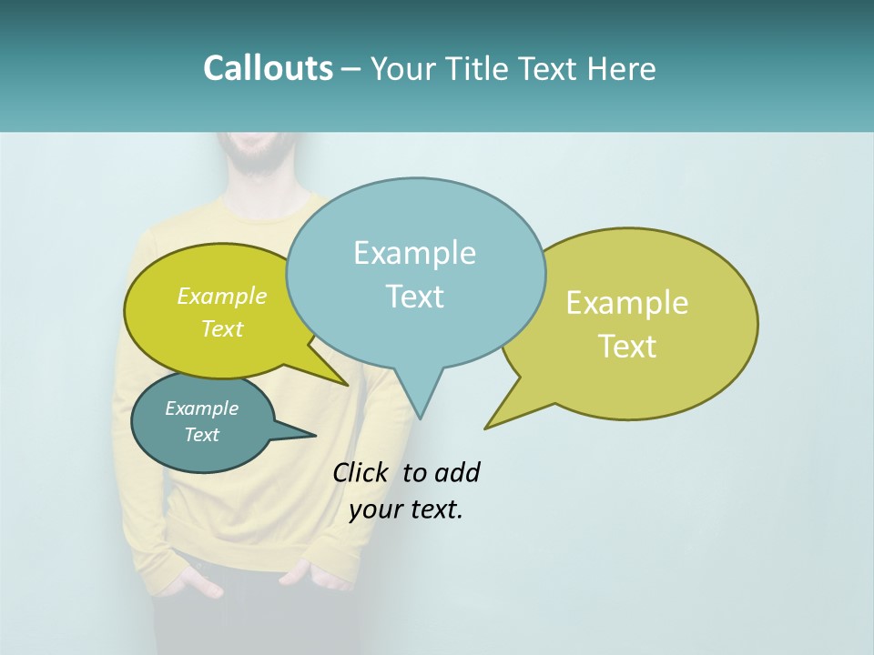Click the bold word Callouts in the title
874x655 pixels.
pyautogui.click(x=268, y=68)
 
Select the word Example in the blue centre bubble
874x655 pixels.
pyautogui.click(x=414, y=253)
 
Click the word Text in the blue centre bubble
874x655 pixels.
pyautogui.click(x=414, y=296)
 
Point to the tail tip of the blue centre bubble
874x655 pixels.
pyautogui.click(x=420, y=418)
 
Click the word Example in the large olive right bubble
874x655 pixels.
pyautogui.click(x=627, y=303)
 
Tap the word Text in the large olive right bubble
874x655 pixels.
pyautogui.click(x=627, y=346)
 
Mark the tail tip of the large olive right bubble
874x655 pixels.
pyautogui.click(x=486, y=428)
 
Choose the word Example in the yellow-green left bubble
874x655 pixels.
pyautogui.click(x=222, y=296)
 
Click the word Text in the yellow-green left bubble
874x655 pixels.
pyautogui.click(x=222, y=328)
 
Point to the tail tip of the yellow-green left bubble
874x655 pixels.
pyautogui.click(x=348, y=385)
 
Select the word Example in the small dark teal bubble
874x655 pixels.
pyautogui.click(x=202, y=408)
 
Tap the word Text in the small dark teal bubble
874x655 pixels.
pyautogui.click(x=202, y=435)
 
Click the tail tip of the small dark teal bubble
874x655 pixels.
pyautogui.click(x=315, y=435)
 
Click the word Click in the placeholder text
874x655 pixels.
pyautogui.click(x=360, y=472)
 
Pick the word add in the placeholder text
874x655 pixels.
pyautogui.click(x=457, y=472)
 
